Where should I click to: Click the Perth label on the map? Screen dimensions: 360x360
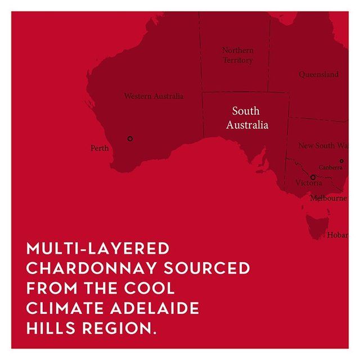coord(100,148)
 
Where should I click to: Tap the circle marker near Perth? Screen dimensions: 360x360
coord(130,138)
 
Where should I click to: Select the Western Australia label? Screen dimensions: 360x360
coord(154,96)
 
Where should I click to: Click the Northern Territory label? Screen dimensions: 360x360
coord(237,55)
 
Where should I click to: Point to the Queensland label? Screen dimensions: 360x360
coord(318,74)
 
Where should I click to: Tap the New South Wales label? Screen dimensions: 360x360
coord(323,146)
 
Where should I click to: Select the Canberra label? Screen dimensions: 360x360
coord(330,167)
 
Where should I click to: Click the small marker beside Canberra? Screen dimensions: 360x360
coord(341,161)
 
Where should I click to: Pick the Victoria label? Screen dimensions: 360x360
coord(309,183)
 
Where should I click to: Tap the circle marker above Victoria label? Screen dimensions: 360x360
coord(313,177)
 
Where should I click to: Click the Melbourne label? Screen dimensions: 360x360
coord(328,198)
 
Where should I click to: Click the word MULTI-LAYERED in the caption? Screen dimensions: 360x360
coord(98,248)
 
